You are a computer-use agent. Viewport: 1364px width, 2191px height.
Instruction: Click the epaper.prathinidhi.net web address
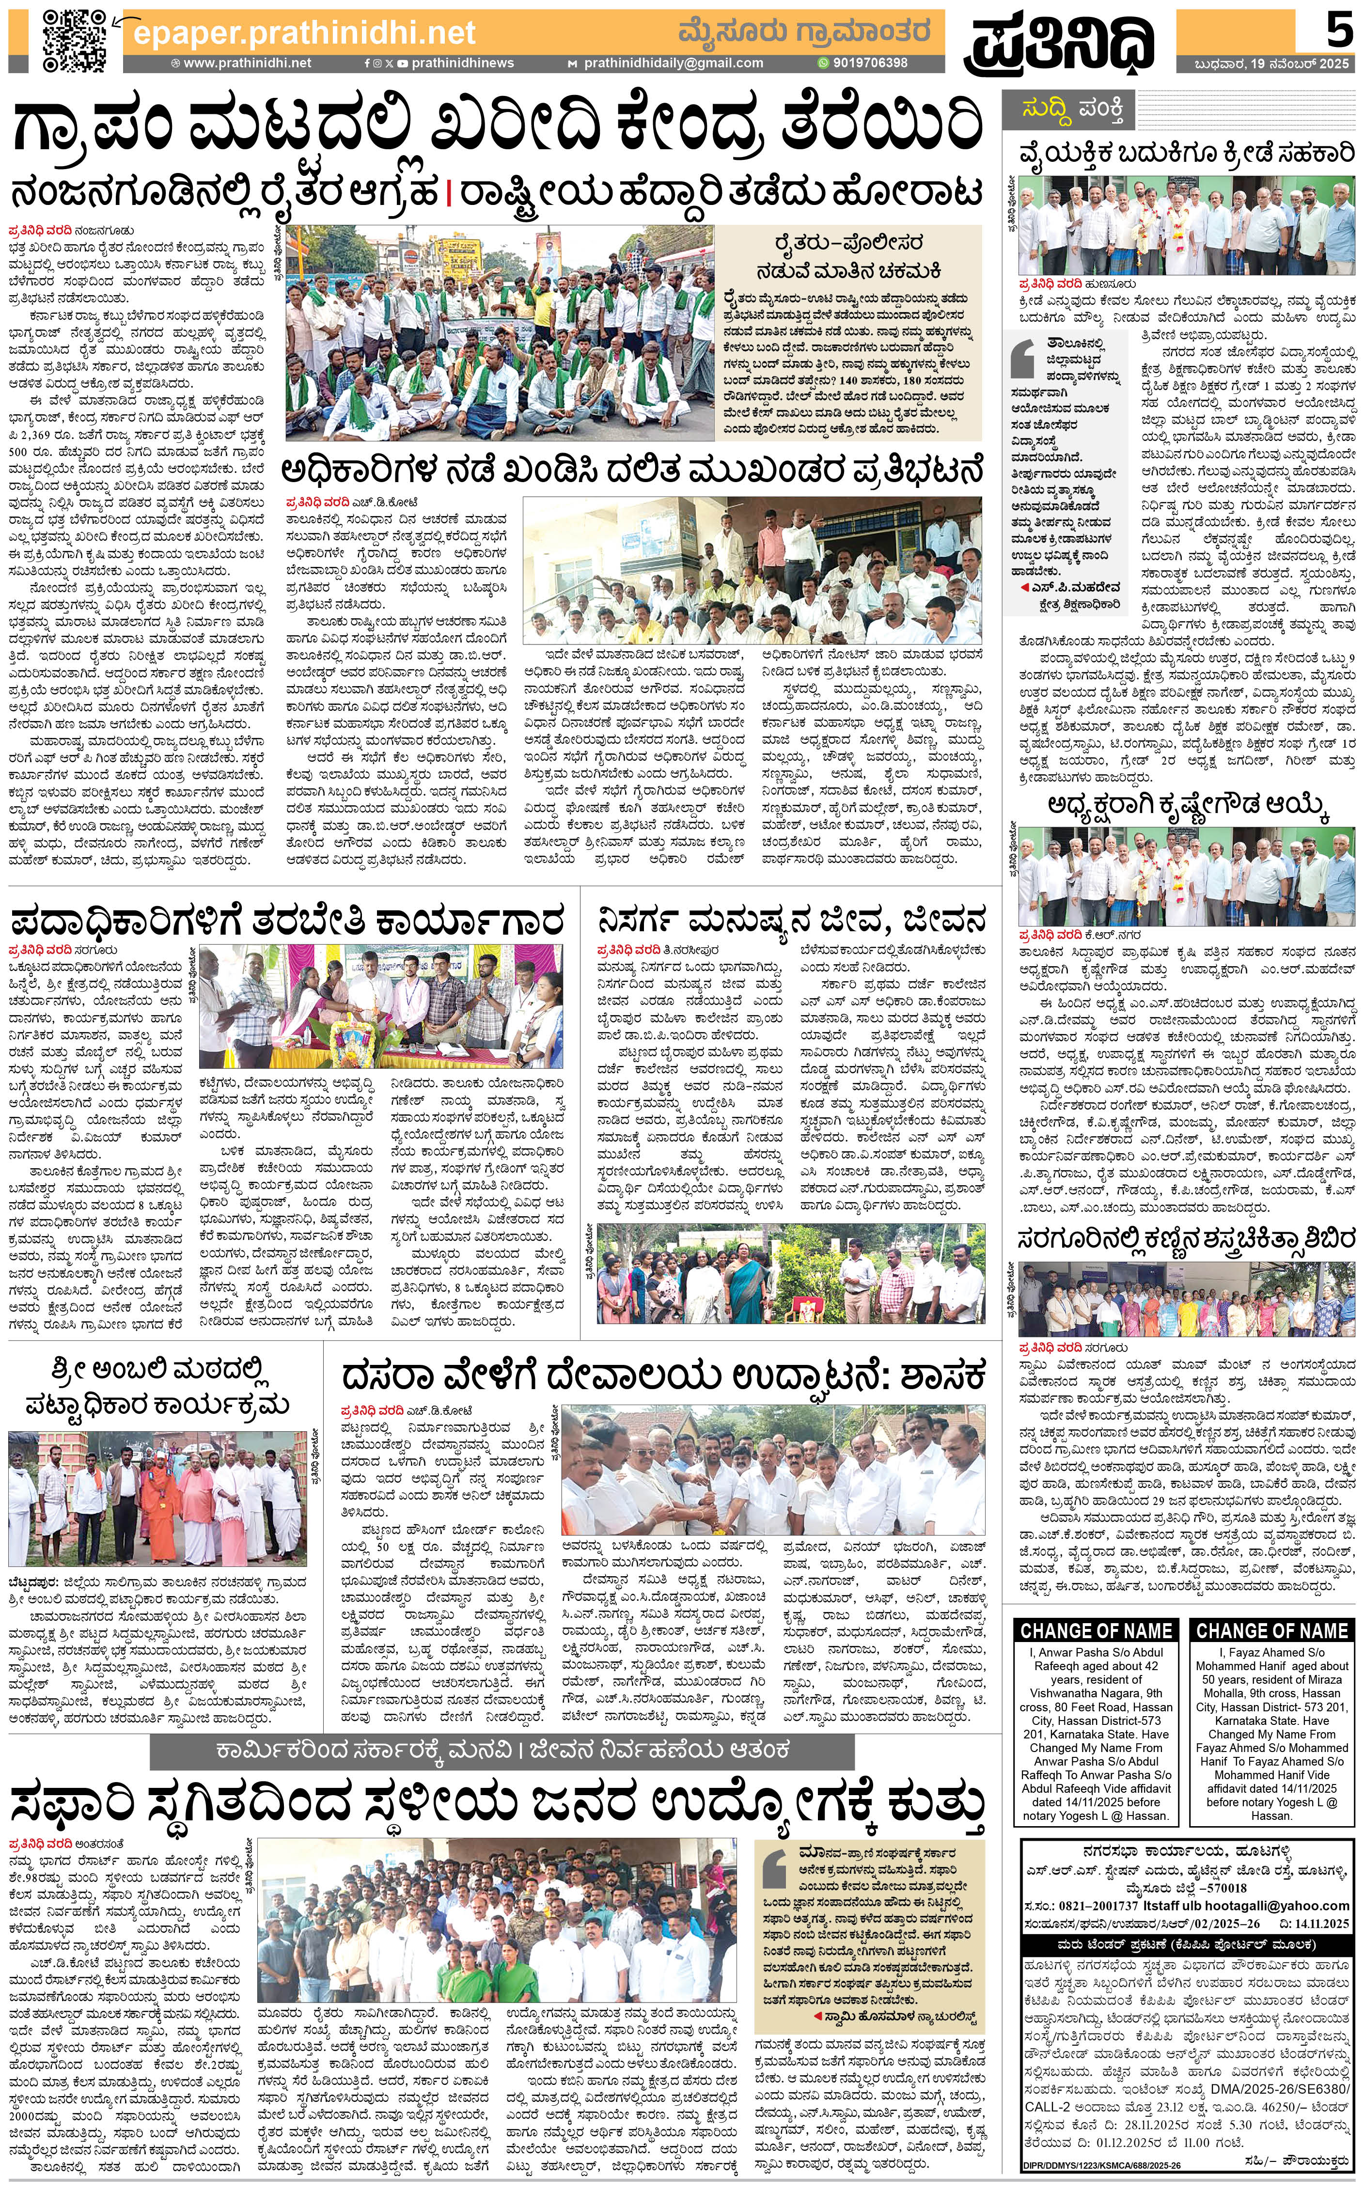pos(304,33)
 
